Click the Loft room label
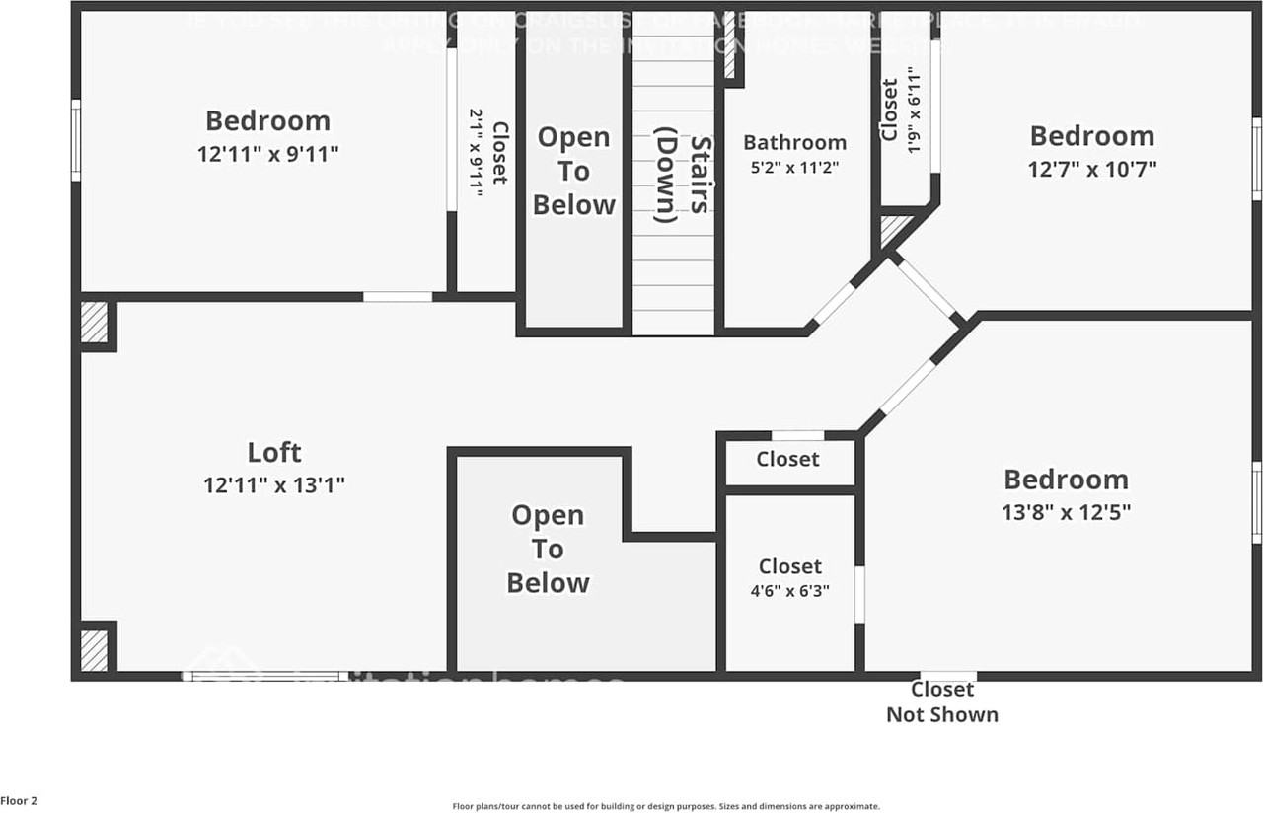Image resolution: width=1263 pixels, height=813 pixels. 273,453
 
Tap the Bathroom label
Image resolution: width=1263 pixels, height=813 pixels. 794,142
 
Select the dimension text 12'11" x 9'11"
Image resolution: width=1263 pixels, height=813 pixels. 267,154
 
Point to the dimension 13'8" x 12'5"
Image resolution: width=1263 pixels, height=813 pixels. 1066,512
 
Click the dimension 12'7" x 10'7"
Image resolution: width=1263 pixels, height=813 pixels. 1091,169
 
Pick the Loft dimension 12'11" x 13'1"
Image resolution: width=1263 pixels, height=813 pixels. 273,485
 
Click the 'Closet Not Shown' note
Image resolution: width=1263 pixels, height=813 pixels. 941,702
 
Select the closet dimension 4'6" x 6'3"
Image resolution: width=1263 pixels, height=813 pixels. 789,591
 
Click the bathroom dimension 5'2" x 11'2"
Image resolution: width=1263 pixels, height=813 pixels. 794,168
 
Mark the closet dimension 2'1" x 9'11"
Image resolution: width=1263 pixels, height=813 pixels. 476,152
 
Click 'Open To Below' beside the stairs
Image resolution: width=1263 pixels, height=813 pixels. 573,171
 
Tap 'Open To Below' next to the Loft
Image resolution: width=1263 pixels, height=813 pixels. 548,549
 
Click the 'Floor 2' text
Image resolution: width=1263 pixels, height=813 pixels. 20,801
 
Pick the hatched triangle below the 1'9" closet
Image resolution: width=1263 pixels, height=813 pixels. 893,229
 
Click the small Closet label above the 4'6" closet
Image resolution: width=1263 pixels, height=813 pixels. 787,459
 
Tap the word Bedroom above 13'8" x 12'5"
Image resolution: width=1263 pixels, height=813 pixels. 1066,480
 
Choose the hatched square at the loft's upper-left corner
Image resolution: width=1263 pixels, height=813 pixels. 94,323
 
